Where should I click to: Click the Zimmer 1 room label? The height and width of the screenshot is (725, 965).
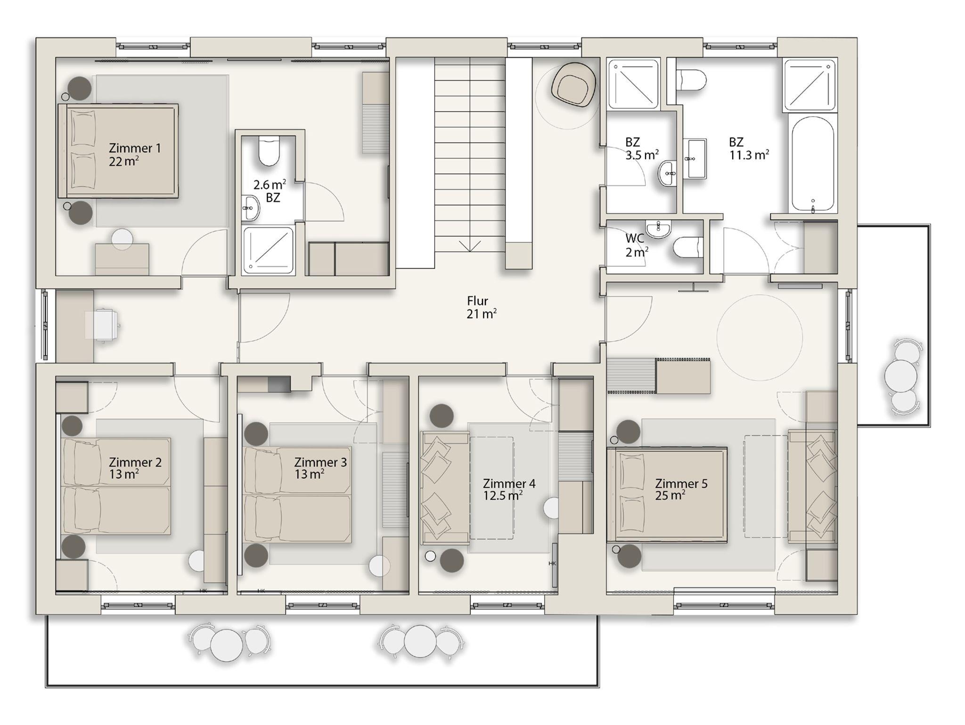[135, 155]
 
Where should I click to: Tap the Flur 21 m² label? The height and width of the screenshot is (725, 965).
[481, 307]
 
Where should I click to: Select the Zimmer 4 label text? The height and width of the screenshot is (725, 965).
[509, 484]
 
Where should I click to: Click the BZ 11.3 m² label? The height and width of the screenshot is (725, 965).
[749, 148]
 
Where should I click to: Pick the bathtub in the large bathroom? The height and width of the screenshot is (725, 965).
[813, 164]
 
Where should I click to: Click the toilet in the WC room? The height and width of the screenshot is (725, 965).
[688, 247]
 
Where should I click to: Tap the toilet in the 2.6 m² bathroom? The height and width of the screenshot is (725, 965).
[269, 150]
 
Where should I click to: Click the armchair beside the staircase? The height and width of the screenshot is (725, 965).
[574, 85]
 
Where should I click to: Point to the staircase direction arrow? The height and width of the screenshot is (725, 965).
[470, 246]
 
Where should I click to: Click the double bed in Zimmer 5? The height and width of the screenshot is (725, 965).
[667, 494]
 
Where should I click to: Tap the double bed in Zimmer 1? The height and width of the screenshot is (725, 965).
[118, 151]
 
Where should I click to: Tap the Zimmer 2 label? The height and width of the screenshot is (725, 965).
[135, 468]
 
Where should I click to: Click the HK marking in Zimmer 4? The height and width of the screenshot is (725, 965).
[552, 563]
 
